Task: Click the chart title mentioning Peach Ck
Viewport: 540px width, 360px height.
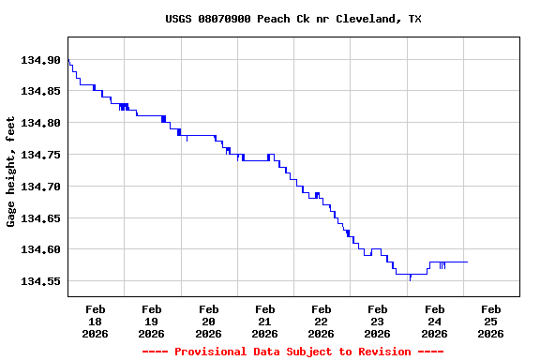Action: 292,19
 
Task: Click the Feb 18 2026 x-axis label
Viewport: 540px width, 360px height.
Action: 95,321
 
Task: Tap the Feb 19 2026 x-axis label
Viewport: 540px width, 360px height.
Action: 151,321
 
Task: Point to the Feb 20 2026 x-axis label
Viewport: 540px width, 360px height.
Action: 208,321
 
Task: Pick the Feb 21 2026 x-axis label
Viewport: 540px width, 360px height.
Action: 264,321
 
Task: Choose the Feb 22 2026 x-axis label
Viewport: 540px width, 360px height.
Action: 321,321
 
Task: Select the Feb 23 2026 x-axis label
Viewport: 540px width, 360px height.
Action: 378,321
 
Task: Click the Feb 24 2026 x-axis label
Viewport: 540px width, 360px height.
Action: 434,321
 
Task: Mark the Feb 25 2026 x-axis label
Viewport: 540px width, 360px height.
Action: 490,321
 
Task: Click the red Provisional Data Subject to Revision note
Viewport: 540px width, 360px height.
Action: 292,352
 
